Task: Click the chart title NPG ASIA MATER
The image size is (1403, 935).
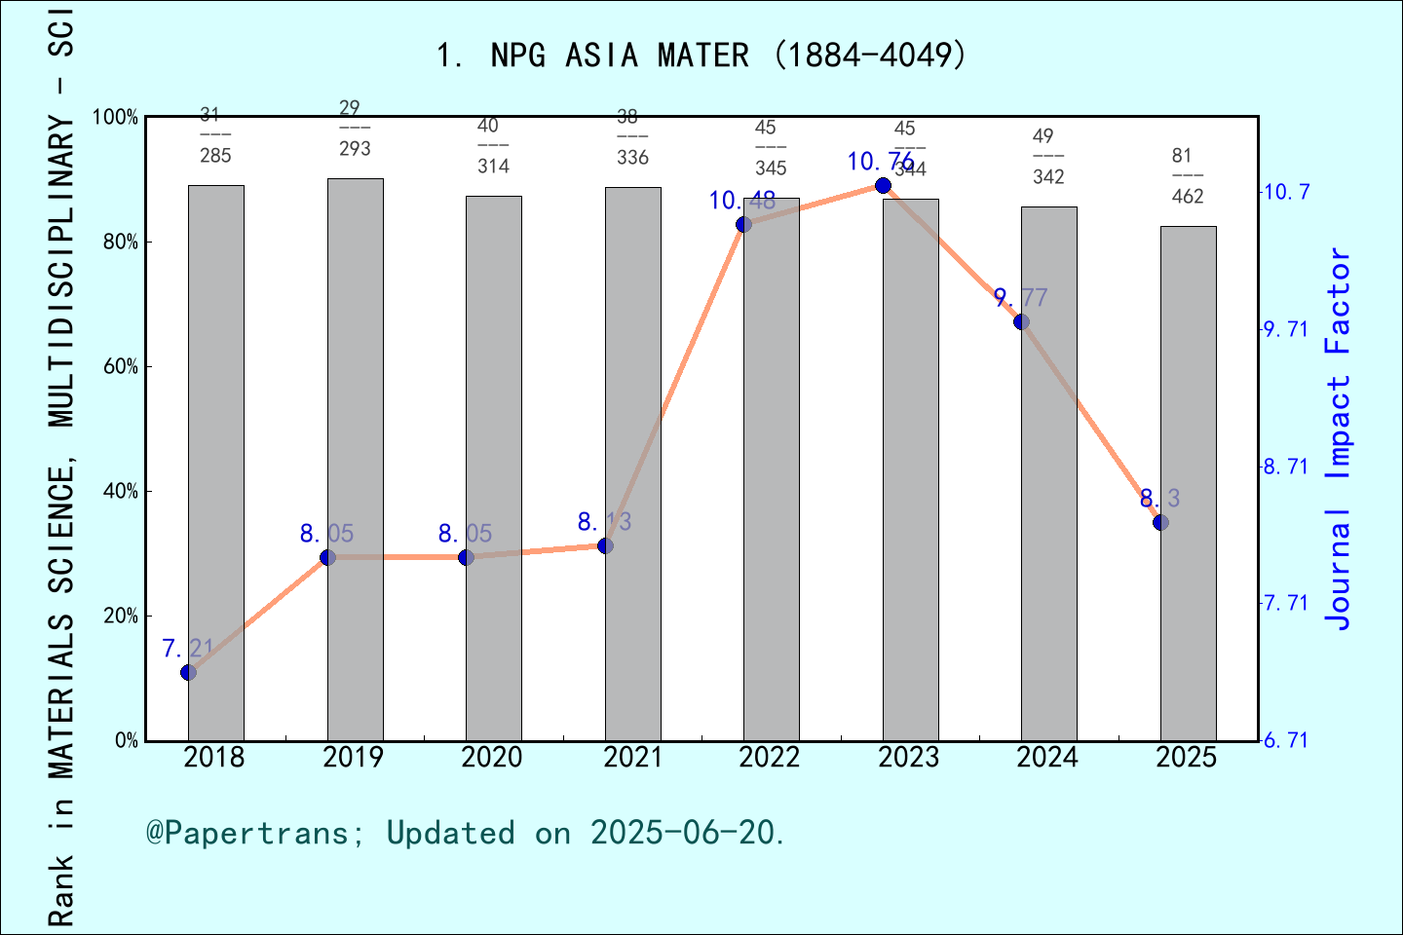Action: (701, 55)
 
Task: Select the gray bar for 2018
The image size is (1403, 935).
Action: (215, 463)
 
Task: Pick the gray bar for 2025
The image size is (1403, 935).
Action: (1188, 483)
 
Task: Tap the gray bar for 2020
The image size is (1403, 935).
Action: (493, 467)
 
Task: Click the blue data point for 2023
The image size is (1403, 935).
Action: (883, 185)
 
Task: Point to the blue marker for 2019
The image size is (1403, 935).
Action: (327, 557)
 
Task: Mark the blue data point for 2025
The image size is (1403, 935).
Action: (1160, 523)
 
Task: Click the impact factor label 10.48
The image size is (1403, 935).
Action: (742, 201)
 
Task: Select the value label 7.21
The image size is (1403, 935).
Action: (188, 648)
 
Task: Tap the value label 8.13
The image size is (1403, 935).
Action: (604, 522)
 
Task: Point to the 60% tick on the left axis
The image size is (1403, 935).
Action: (121, 367)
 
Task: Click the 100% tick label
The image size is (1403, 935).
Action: (115, 117)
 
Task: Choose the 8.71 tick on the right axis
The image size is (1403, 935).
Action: (1286, 467)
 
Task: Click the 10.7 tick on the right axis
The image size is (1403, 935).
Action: (1286, 192)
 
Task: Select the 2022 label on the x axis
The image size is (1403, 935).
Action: (770, 758)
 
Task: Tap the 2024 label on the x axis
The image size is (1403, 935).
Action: (1047, 758)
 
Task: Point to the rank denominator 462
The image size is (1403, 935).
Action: (1188, 197)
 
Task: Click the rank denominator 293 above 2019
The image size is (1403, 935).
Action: (355, 149)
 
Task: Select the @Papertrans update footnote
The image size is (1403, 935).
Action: (466, 833)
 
